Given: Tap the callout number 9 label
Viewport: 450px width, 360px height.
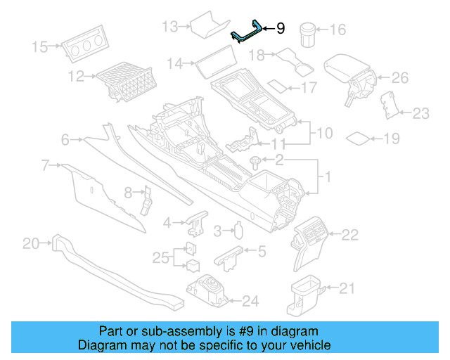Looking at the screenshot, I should point(280,29).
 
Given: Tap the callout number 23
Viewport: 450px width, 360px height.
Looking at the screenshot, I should point(420,112).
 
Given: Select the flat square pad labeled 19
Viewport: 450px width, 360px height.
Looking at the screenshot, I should point(361,138).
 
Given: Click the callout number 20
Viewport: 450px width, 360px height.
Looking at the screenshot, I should point(31,243).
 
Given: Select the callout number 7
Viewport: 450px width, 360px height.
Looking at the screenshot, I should point(46,165).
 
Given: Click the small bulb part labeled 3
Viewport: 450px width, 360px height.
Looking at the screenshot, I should point(239,230).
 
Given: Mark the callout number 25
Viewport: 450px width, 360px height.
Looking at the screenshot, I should point(160,257).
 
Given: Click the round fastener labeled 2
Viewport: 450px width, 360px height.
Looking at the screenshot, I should point(255,162).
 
